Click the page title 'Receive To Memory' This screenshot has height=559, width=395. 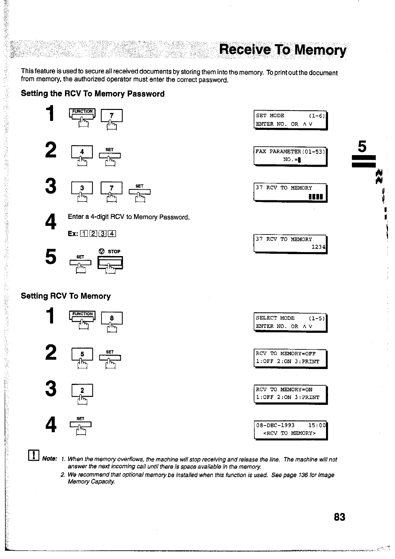[x=283, y=50]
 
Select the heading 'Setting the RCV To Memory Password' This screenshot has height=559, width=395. [x=93, y=94]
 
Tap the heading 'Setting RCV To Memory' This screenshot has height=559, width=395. [x=66, y=296]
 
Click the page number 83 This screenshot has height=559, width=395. [x=340, y=517]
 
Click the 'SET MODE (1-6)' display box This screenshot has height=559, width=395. [x=290, y=120]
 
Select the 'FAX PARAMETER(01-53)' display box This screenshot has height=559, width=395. [x=290, y=155]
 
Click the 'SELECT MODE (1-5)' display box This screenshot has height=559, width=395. [x=290, y=322]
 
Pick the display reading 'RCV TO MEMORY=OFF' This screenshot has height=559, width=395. [x=290, y=358]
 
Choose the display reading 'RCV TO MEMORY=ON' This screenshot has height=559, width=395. [x=290, y=394]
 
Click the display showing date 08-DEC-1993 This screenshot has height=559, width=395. [x=290, y=429]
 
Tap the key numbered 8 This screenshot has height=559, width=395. [x=112, y=318]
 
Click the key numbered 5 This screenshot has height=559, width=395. [x=82, y=354]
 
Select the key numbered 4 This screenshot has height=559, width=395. [x=82, y=152]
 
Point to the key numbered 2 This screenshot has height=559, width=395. [x=82, y=390]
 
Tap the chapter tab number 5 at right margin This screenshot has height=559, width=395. [x=362, y=146]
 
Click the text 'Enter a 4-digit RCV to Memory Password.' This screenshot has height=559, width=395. [x=129, y=217]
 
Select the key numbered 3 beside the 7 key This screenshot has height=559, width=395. [x=82, y=188]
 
